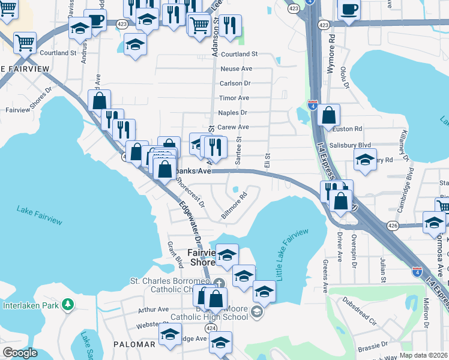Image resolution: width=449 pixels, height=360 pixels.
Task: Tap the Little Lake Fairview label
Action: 294,254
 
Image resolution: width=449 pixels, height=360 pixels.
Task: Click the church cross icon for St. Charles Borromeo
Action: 219,283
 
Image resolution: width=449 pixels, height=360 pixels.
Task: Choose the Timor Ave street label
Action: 234,98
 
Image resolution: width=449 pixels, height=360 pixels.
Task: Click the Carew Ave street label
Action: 233,127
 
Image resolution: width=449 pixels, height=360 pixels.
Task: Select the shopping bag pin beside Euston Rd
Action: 329,115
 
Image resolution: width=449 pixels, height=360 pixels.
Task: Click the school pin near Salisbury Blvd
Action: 365,160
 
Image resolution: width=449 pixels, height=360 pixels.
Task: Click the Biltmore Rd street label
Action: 234,205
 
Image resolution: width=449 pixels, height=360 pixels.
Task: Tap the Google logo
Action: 20,353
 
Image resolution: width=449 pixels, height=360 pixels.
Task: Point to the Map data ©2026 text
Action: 423,355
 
